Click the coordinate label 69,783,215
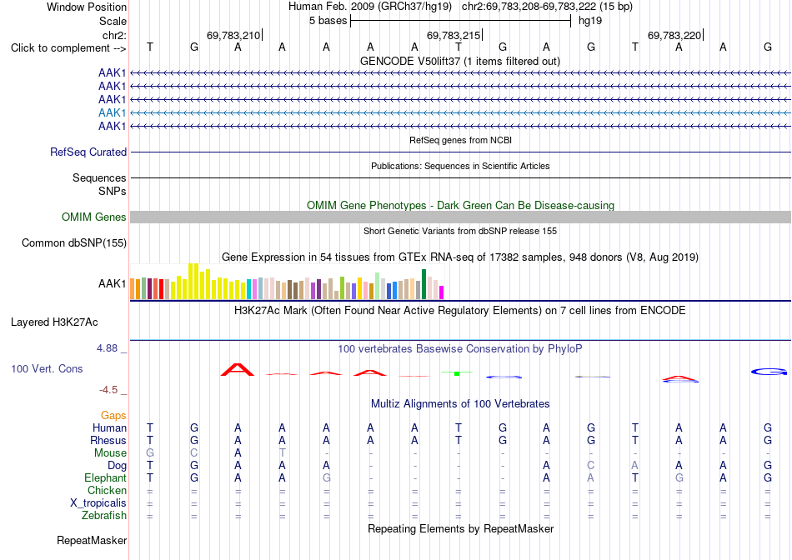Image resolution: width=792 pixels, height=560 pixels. click(x=453, y=35)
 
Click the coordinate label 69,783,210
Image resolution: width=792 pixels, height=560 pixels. click(x=233, y=35)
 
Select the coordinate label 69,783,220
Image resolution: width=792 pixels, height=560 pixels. click(x=674, y=35)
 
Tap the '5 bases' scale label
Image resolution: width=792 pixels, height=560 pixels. click(x=328, y=21)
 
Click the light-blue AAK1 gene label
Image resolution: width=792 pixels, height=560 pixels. click(x=113, y=112)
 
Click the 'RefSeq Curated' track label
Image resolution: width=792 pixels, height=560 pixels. click(x=88, y=152)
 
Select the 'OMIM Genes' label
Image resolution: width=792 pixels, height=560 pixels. click(x=94, y=217)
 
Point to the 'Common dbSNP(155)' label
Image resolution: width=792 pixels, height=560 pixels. click(x=74, y=242)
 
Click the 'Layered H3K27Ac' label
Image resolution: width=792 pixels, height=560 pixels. click(x=54, y=322)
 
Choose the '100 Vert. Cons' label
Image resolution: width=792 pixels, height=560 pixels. click(x=47, y=368)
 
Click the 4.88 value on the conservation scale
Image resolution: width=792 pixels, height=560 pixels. click(x=107, y=348)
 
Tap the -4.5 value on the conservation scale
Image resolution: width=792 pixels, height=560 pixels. click(x=108, y=390)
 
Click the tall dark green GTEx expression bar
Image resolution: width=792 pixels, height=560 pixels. click(x=424, y=284)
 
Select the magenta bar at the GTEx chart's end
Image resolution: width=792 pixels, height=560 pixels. click(x=442, y=292)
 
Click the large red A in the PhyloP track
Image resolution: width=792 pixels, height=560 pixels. click(x=238, y=370)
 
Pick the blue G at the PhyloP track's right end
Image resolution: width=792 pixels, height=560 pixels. click(x=769, y=372)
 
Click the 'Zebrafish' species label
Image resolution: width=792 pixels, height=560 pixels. click(x=104, y=516)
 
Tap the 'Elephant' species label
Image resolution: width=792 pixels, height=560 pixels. click(x=106, y=477)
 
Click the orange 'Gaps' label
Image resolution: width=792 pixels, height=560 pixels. click(x=113, y=416)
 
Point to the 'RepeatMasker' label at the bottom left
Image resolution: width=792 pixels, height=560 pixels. click(x=92, y=541)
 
